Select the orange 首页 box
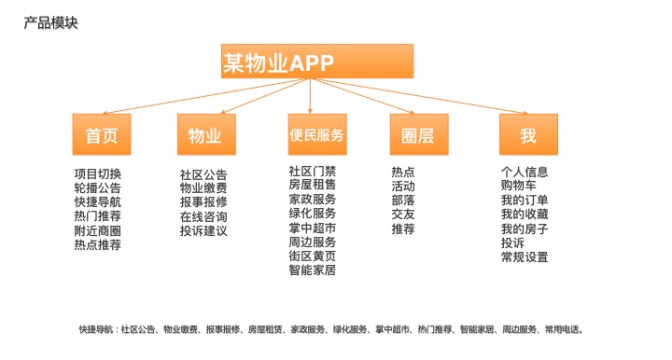102,135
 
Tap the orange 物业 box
205,135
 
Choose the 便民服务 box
316,135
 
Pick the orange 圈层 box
417,135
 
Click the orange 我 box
528,135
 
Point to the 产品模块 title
50,22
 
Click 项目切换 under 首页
98,173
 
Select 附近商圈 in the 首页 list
98,230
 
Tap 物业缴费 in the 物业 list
203,188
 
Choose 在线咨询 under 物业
203,216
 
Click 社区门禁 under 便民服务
313,171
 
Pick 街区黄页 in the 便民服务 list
313,256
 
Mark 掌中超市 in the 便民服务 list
313,228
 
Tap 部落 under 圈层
403,200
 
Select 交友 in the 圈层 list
403,214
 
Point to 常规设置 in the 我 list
525,256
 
